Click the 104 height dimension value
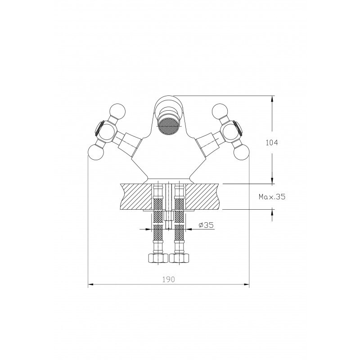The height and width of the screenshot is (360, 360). click(272, 143)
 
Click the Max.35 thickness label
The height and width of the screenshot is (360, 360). click(272, 197)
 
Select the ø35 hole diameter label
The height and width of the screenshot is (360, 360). click(206, 225)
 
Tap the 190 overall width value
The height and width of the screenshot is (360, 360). click(169, 279)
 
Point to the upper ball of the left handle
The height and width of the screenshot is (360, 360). click(117, 112)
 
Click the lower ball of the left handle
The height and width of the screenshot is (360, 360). click(96, 152)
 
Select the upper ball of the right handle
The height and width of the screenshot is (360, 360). click(220, 112)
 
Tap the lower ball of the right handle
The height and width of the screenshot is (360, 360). click(241, 152)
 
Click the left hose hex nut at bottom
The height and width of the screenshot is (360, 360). click(158, 258)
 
